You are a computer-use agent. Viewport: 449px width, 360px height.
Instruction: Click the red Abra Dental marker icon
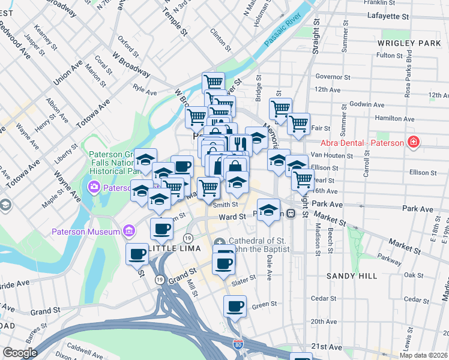click(x=413, y=142)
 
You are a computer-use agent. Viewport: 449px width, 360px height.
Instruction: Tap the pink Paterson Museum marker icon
click(x=128, y=231)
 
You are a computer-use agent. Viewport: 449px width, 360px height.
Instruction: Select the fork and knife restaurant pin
click(x=238, y=145)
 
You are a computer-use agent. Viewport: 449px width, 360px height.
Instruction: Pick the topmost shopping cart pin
click(x=213, y=82)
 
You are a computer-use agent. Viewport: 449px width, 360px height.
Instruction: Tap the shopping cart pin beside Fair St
click(x=298, y=124)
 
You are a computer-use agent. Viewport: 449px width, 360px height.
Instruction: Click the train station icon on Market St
click(x=291, y=213)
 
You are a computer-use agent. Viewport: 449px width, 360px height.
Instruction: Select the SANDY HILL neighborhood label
click(x=352, y=276)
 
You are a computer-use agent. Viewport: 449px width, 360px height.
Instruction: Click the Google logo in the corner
click(x=20, y=353)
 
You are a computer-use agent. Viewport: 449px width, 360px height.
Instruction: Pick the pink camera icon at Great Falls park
click(x=95, y=187)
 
